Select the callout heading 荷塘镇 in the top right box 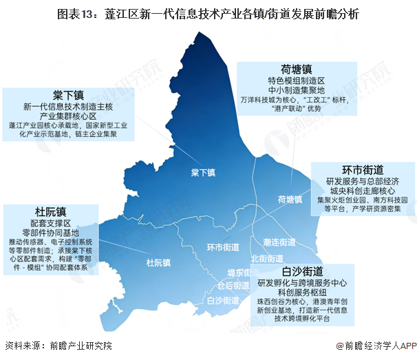[x=296, y=69]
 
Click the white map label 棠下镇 [x=204, y=172]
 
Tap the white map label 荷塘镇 [x=290, y=200]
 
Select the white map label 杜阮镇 [x=159, y=262]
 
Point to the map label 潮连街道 [x=279, y=242]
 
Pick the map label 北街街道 [x=266, y=258]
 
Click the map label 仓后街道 [x=233, y=285]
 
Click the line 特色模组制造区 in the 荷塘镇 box [x=296, y=81]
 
